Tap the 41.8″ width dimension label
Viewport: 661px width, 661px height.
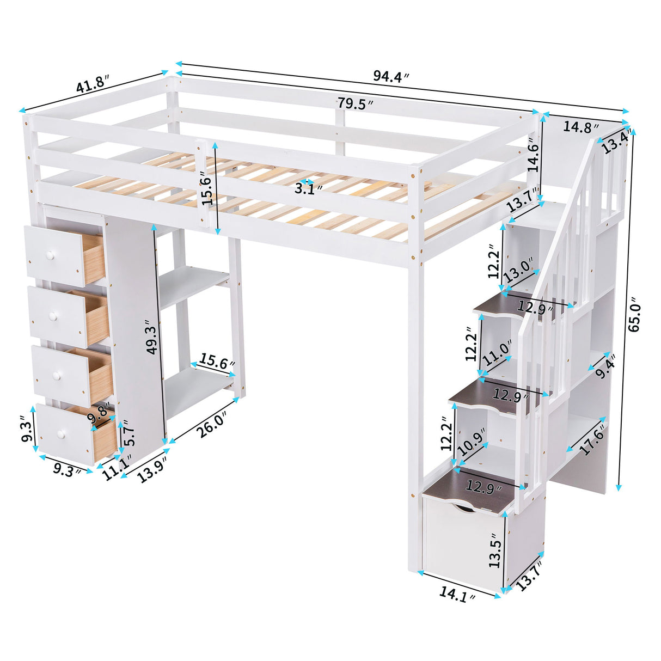[x=93, y=87]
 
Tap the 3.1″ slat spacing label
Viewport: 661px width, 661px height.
[x=308, y=188]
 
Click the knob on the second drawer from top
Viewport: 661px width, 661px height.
[x=54, y=316]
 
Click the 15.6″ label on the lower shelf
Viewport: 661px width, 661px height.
[x=217, y=360]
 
